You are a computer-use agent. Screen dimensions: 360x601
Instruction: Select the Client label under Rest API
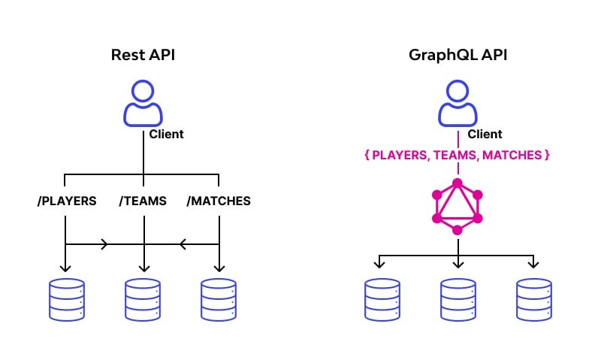click(166, 135)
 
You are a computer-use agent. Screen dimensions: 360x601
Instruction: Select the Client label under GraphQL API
click(485, 135)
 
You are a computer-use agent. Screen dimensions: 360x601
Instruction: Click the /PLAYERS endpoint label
click(66, 201)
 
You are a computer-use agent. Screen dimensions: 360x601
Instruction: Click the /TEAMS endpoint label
click(143, 201)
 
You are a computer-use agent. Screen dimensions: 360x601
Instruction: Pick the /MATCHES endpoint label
click(219, 201)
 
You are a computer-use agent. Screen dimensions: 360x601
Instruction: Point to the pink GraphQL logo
click(457, 205)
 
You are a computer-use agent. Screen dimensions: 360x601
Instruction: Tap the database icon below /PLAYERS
click(66, 301)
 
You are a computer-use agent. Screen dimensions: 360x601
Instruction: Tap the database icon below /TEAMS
click(143, 301)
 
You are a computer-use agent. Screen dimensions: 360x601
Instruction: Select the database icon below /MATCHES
click(219, 301)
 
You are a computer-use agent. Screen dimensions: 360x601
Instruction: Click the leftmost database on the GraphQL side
click(381, 301)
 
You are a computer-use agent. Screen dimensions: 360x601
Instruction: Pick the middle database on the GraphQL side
click(458, 301)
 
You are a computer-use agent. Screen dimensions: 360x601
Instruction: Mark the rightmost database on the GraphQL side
click(533, 301)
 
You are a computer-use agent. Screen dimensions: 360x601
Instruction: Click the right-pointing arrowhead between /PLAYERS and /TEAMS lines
click(104, 244)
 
